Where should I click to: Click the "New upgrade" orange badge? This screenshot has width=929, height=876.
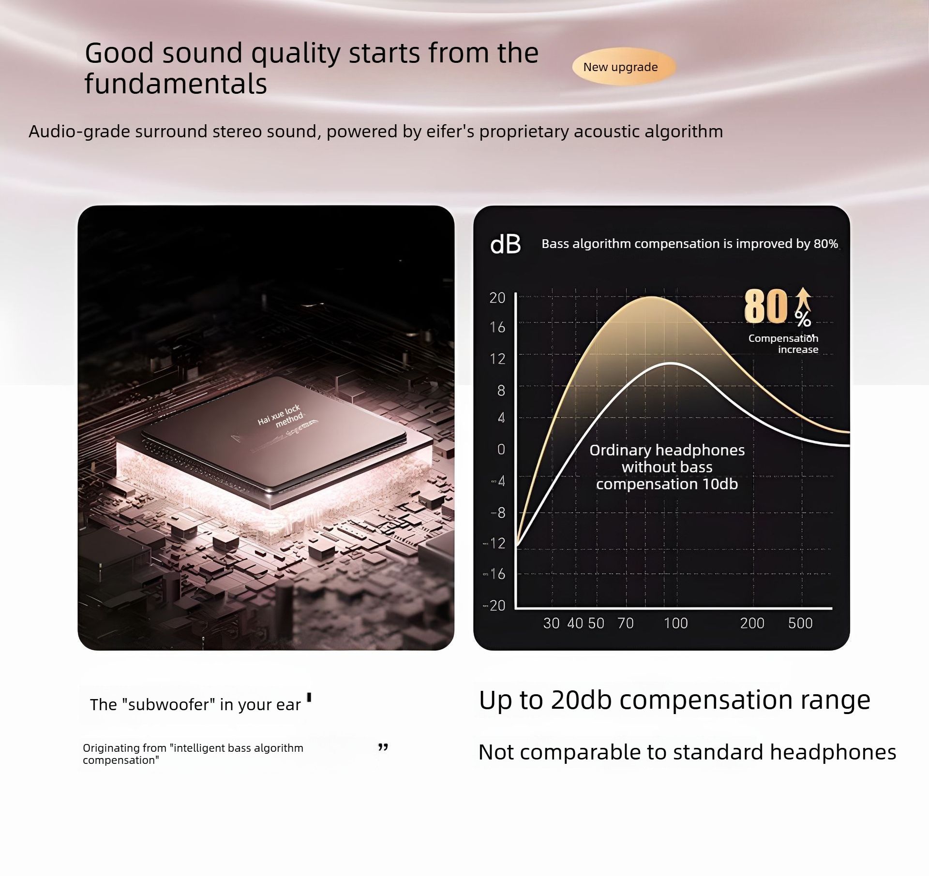click(624, 67)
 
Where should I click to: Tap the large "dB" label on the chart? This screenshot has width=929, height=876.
click(506, 244)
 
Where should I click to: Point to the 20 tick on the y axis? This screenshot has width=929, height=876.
click(497, 298)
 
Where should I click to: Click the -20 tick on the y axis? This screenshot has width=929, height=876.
click(494, 605)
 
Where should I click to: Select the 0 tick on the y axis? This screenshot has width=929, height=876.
click(501, 450)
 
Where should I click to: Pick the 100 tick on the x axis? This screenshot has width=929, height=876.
click(675, 623)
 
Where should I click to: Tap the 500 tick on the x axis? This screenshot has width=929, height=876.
click(800, 623)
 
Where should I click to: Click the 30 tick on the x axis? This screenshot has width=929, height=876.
click(551, 623)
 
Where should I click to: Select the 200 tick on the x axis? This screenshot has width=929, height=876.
click(752, 623)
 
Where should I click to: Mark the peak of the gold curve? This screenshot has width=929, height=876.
click(652, 297)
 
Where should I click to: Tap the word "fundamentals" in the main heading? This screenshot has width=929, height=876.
click(176, 84)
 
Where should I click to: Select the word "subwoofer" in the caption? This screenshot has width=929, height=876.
click(169, 704)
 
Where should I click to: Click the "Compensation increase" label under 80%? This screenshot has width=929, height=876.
click(783, 344)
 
